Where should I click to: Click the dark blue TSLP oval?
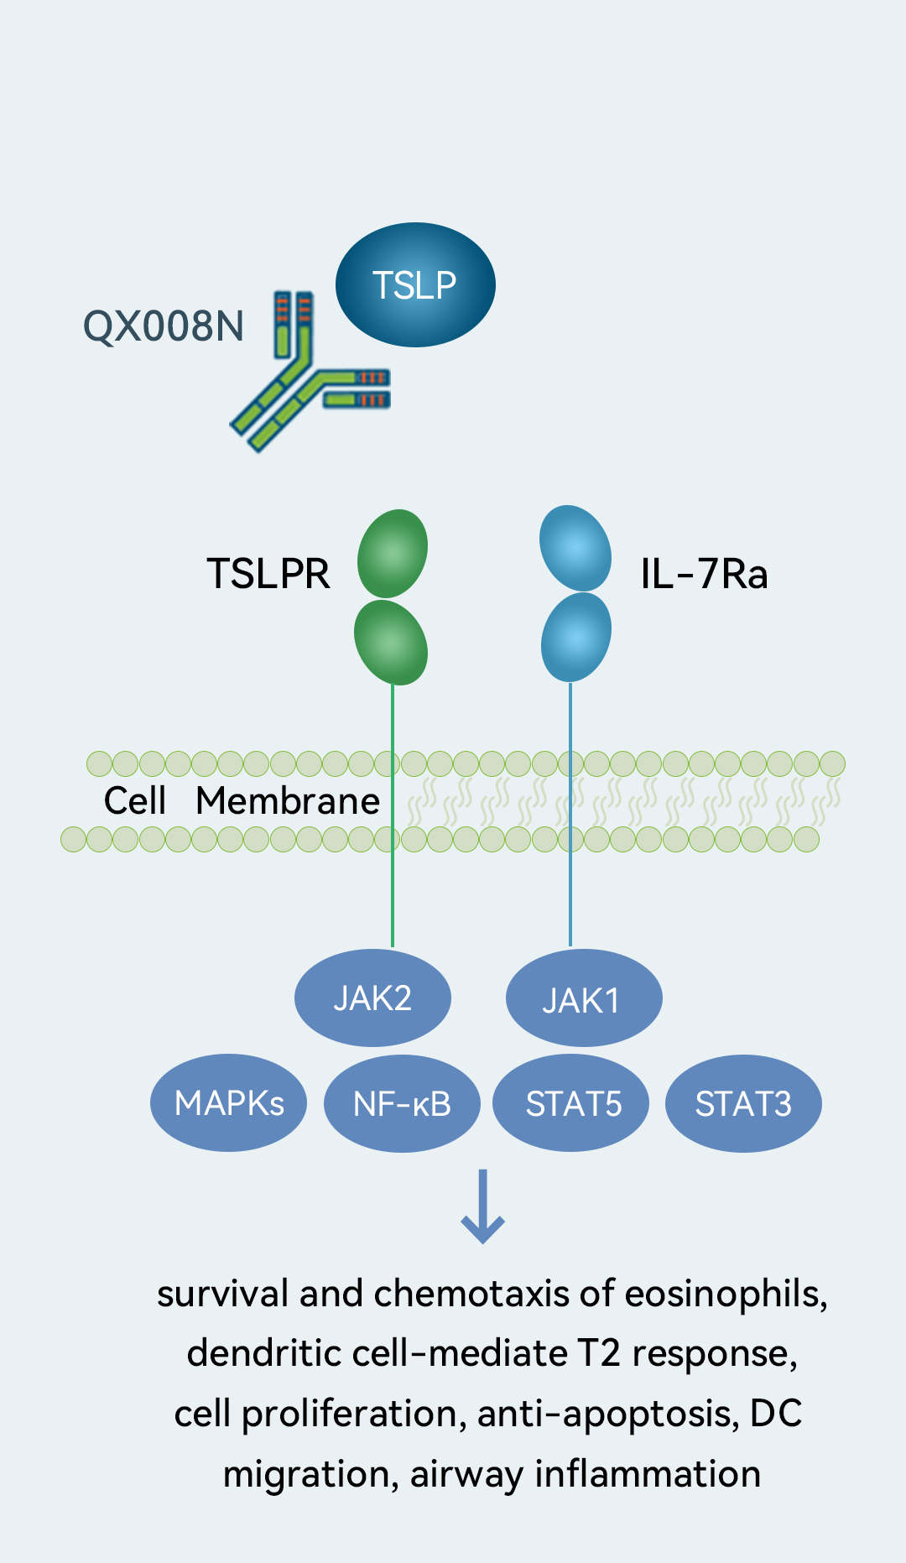(x=415, y=285)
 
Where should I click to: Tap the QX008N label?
(x=164, y=326)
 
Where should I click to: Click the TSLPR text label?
(x=268, y=574)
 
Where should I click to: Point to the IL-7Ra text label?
(x=704, y=574)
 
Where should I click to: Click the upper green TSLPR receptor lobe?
(x=393, y=554)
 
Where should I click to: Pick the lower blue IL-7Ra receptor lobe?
(x=576, y=637)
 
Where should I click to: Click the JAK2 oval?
(x=372, y=998)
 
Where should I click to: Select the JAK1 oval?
(x=583, y=998)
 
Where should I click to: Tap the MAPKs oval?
(x=228, y=1103)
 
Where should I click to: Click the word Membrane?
(x=288, y=801)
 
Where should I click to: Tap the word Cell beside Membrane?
(x=134, y=801)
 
